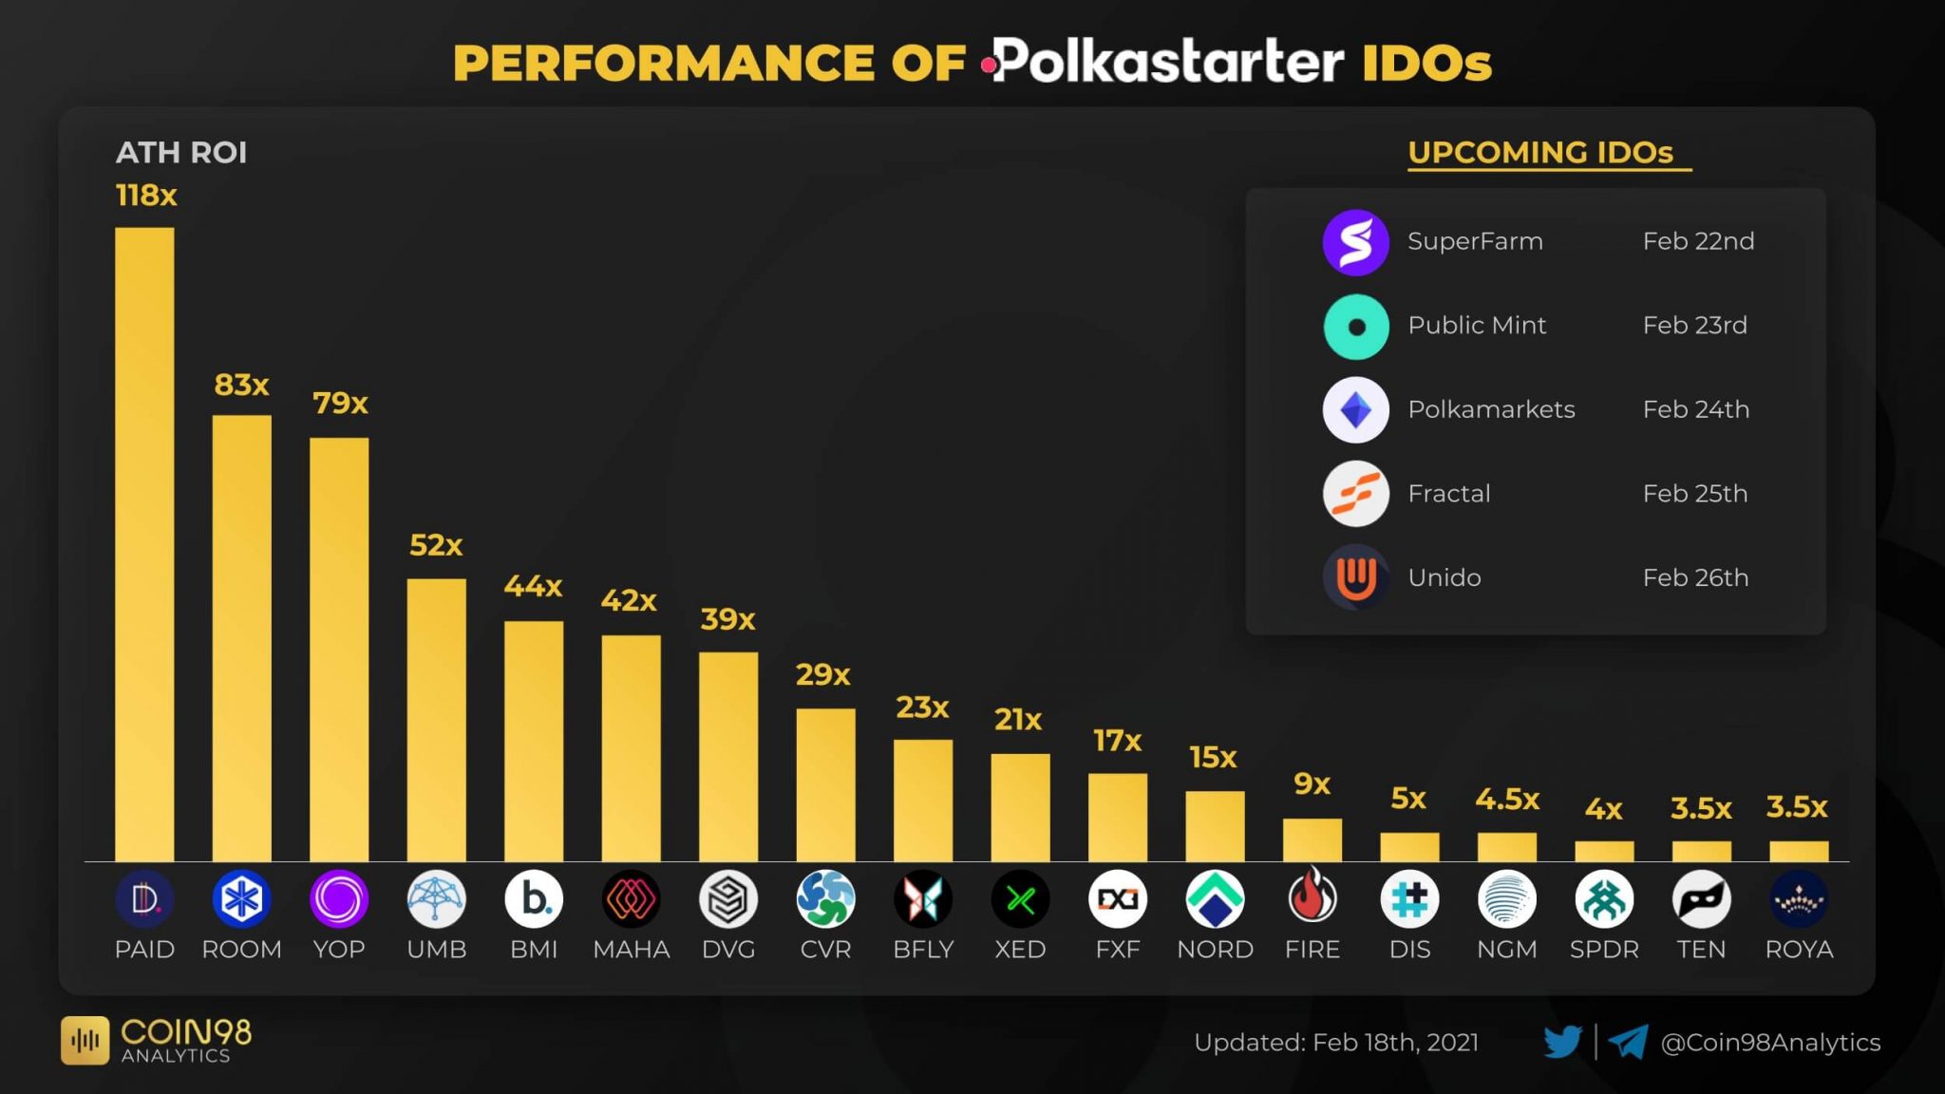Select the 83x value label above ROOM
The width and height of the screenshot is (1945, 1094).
click(x=241, y=385)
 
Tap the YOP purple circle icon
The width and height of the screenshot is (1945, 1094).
click(x=338, y=898)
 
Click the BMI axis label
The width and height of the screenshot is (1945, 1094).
click(x=534, y=949)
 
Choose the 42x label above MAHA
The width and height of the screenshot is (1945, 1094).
click(x=629, y=600)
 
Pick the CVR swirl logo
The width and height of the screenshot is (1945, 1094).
click(x=825, y=898)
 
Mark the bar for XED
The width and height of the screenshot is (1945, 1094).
click(x=1020, y=807)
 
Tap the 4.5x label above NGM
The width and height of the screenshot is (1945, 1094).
click(x=1507, y=800)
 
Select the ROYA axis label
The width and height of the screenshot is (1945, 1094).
click(x=1799, y=949)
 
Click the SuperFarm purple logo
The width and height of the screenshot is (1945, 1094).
click(x=1355, y=242)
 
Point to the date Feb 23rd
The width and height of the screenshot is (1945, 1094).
click(x=1695, y=325)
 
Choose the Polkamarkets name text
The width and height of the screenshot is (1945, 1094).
click(x=1491, y=409)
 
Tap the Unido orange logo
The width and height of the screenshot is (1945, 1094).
click(x=1355, y=577)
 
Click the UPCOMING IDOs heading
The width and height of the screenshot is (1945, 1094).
click(x=1540, y=152)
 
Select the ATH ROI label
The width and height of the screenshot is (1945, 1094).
click(x=180, y=152)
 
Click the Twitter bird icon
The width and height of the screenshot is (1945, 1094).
click(x=1562, y=1042)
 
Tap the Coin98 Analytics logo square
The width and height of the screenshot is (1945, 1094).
click(x=85, y=1041)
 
